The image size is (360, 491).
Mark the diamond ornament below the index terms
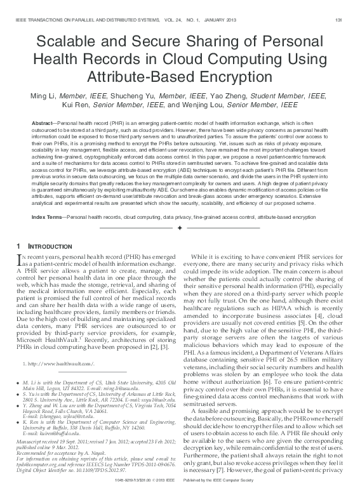(180, 228)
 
